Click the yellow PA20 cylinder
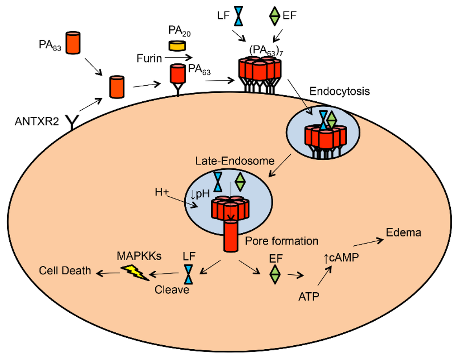[177, 46]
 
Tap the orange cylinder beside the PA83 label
[73, 43]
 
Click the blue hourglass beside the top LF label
[240, 16]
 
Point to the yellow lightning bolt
[135, 272]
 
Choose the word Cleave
[172, 290]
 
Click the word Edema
[403, 233]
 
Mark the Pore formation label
[281, 241]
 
